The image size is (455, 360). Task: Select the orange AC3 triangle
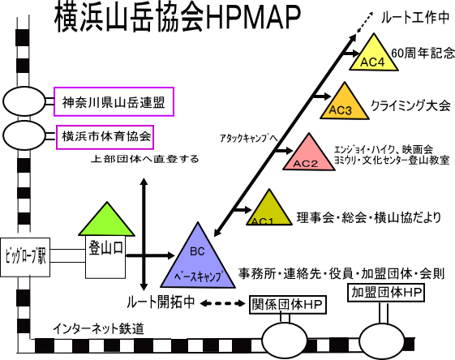[x=345, y=105]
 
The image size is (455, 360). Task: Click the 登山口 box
[x=105, y=257]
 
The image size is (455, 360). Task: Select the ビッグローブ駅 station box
[x=25, y=257]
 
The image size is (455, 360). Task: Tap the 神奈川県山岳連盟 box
[x=114, y=102]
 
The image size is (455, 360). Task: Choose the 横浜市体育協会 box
[x=105, y=137]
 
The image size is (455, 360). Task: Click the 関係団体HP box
[x=288, y=305]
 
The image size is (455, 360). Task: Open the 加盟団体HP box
[x=386, y=293]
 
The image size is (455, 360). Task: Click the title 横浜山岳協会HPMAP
[x=178, y=16]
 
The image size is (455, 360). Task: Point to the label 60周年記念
[x=423, y=53]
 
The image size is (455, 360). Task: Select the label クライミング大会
[x=411, y=105]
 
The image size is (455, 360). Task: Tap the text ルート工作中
[x=415, y=18]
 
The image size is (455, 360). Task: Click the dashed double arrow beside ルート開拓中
[x=223, y=303]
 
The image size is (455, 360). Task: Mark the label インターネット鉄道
[x=98, y=328]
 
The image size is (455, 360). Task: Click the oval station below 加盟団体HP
[x=382, y=341]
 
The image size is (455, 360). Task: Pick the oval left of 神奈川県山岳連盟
[x=24, y=101]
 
